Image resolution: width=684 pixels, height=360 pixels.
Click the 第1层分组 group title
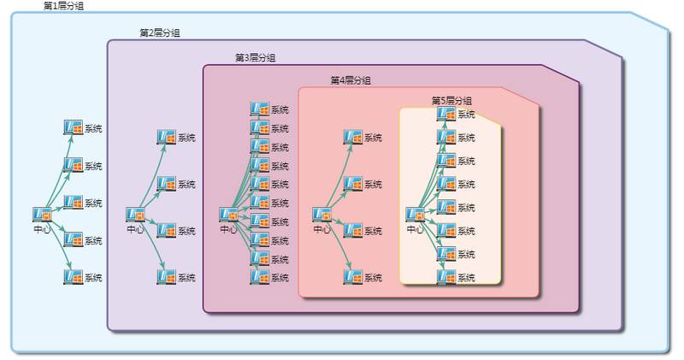[x=63, y=6]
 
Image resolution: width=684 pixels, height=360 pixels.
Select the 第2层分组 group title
[x=160, y=33]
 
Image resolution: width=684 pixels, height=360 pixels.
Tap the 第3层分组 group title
[x=256, y=58]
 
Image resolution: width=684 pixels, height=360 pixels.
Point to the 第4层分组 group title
[x=351, y=80]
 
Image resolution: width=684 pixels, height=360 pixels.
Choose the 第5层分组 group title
[x=451, y=101]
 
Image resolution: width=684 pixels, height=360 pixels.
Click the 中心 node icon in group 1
[x=42, y=215]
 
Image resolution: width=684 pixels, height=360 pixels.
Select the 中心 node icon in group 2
[x=135, y=215]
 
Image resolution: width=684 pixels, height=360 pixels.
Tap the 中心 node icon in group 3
[x=228, y=215]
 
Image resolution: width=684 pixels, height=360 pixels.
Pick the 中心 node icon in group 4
[x=321, y=215]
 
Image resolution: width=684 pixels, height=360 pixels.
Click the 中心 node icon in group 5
[x=415, y=215]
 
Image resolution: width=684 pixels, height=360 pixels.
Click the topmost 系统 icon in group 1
[x=74, y=127]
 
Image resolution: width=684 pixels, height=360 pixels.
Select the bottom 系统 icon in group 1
[x=74, y=276]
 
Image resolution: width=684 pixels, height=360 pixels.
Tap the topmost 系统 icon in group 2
[x=167, y=137]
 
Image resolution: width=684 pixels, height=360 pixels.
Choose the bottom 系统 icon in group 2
[x=167, y=276]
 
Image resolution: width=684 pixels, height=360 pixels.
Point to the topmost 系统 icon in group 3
[x=259, y=109]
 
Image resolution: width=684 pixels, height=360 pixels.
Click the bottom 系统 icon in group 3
[x=259, y=276]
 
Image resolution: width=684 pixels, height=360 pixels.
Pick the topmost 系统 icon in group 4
[x=352, y=137]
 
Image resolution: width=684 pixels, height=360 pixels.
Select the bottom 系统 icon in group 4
[x=352, y=276]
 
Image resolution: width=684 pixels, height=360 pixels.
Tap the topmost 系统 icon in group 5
[x=445, y=114]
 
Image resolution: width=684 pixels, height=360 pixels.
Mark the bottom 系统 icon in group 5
[x=445, y=276]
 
